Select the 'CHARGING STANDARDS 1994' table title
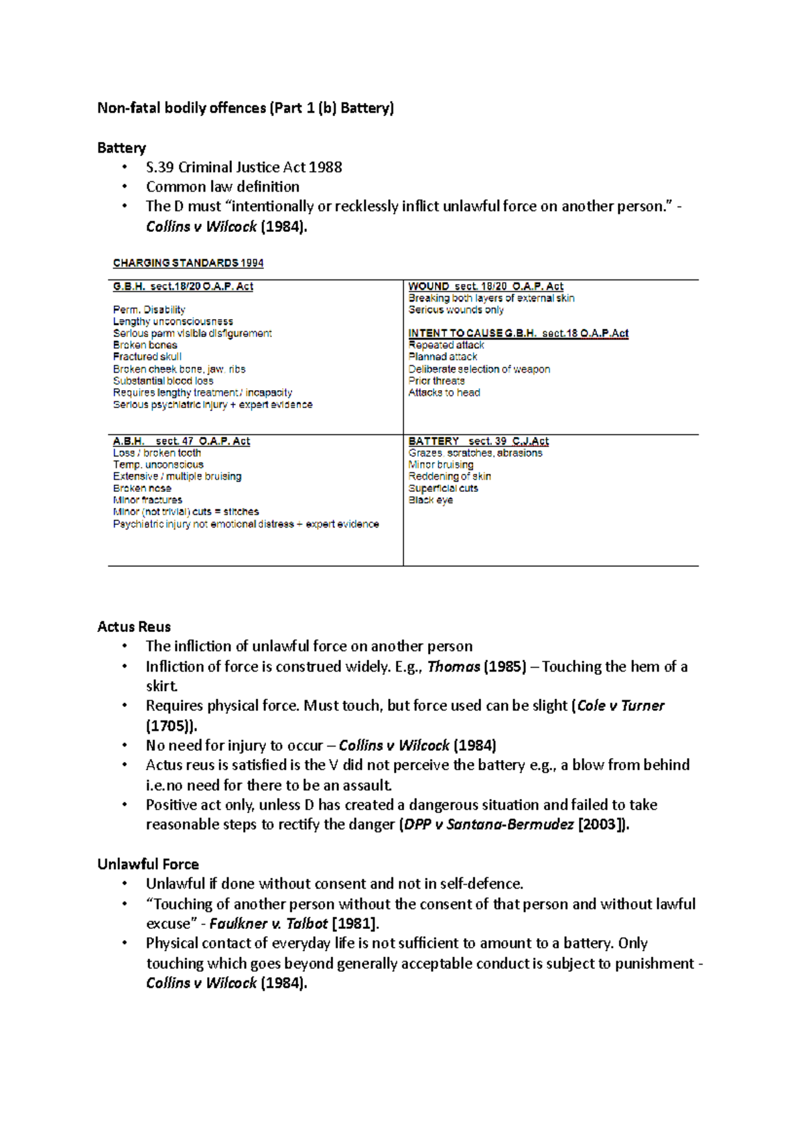[x=188, y=263]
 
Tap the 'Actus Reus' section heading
[x=134, y=627]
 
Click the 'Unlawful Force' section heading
[x=148, y=864]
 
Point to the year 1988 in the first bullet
[x=326, y=167]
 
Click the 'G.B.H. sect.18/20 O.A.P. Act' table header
[x=183, y=286]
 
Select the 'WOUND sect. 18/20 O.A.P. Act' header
[x=486, y=286]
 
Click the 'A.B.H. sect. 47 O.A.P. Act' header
[x=181, y=441]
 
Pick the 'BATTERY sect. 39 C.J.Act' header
[x=478, y=441]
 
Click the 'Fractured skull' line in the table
[x=147, y=357]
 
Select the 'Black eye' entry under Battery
[x=430, y=500]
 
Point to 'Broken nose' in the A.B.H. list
[x=142, y=488]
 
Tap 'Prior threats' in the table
[x=436, y=381]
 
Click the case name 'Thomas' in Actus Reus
[x=454, y=667]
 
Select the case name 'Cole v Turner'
[x=620, y=706]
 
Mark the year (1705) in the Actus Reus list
[x=171, y=726]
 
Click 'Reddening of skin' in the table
[x=450, y=477]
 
